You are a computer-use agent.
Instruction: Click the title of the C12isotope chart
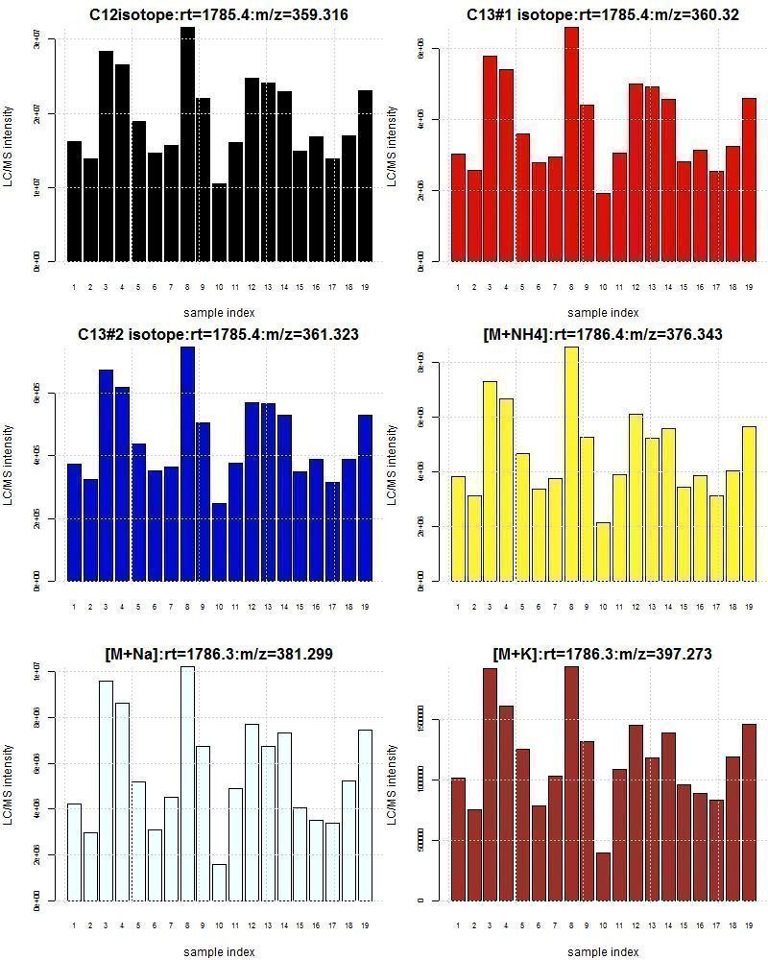coord(219,14)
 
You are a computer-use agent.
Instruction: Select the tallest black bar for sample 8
coord(187,144)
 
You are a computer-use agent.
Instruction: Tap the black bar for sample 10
coord(219,222)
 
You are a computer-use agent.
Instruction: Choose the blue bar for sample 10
coord(219,542)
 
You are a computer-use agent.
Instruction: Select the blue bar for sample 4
coord(122,484)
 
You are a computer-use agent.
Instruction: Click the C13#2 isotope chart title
coord(219,335)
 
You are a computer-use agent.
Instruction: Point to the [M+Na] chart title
coord(219,654)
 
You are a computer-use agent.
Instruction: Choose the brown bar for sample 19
coord(749,812)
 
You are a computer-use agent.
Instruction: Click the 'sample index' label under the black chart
coord(219,312)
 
